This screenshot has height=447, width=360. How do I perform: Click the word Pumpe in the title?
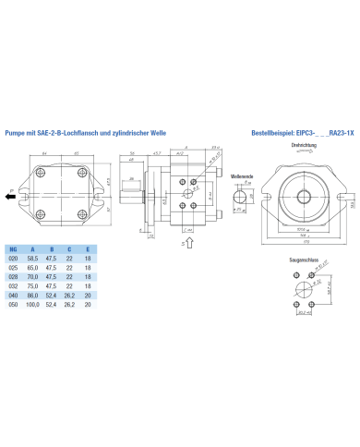click(16, 132)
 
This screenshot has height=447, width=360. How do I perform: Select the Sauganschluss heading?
click(304, 261)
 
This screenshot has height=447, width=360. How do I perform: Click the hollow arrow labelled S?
click(189, 243)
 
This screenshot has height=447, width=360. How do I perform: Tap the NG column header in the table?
click(12, 249)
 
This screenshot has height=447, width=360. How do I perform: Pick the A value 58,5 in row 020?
click(34, 260)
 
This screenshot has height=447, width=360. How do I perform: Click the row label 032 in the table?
click(12, 285)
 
